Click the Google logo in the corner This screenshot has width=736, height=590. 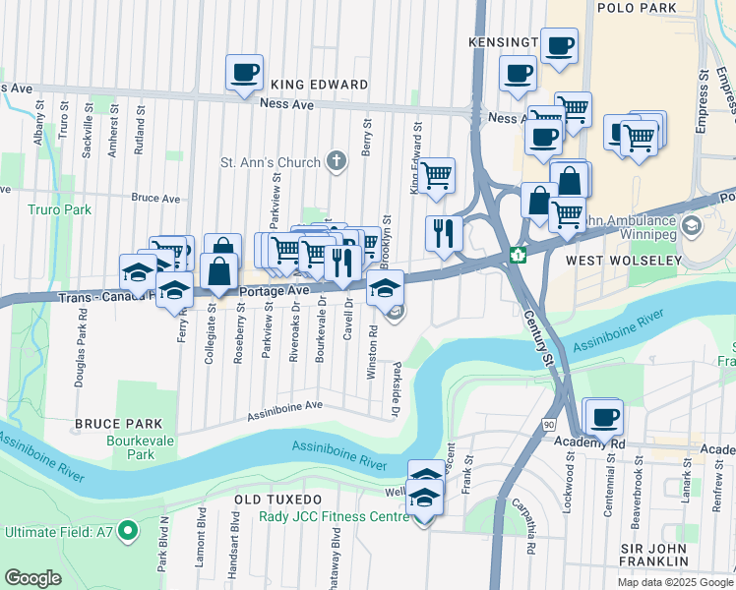32,578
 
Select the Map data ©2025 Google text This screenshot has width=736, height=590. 674,582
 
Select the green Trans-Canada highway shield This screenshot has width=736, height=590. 518,256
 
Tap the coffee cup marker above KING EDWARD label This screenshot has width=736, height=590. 244,72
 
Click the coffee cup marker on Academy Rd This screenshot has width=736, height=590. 605,416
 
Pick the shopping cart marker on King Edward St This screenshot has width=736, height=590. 436,176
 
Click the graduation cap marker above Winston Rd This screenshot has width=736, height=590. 383,287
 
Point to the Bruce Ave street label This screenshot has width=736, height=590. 155,198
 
